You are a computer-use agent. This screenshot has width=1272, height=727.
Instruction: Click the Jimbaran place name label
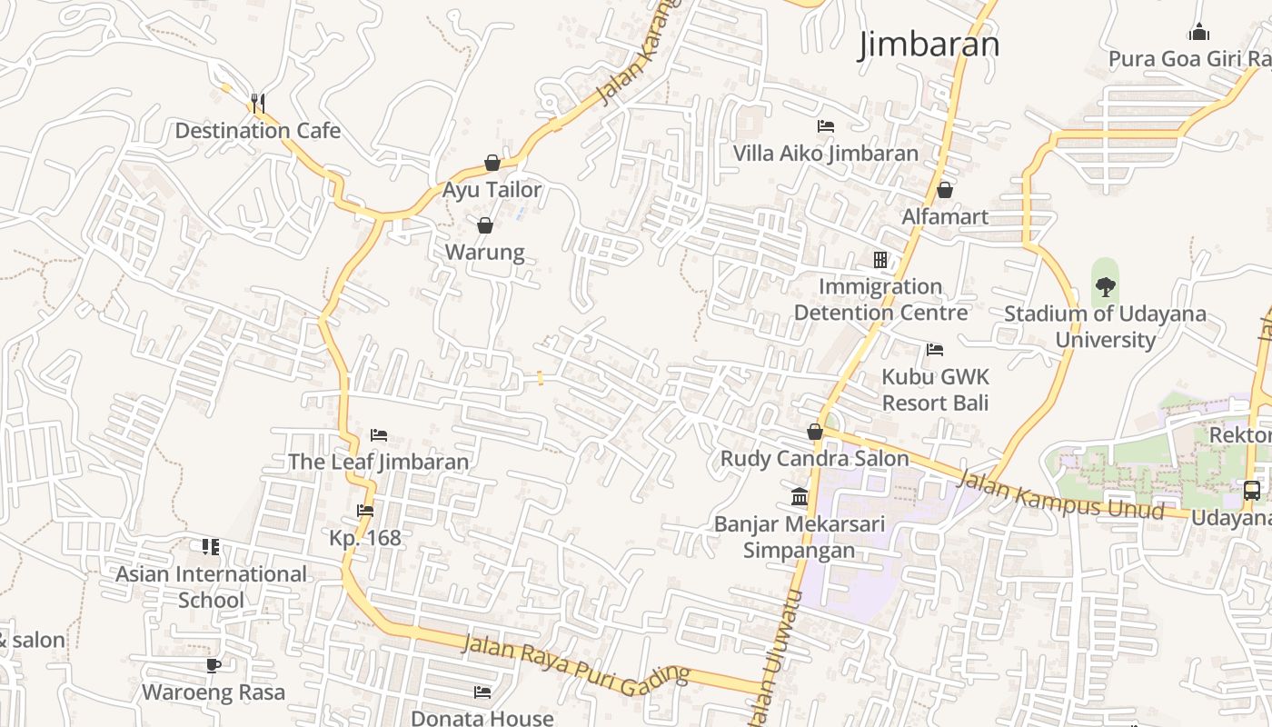pos(929,45)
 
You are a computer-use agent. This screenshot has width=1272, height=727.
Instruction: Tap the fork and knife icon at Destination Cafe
pos(258,103)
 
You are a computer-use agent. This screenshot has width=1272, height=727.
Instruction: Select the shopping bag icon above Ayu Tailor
pos(492,163)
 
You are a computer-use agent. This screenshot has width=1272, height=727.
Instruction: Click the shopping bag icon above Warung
pos(485,225)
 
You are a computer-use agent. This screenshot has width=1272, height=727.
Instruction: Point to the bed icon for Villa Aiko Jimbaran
pos(826,126)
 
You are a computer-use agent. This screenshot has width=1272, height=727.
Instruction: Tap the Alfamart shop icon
pos(945,190)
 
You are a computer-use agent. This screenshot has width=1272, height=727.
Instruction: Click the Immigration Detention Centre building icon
pos(879,260)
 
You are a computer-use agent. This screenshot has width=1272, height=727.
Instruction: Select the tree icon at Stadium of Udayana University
pos(1105,287)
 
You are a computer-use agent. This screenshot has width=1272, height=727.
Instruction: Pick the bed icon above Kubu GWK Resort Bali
pos(935,350)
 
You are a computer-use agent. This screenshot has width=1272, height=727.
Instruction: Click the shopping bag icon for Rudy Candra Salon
pos(815,432)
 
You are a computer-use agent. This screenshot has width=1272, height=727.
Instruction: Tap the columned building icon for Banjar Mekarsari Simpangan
pos(800,496)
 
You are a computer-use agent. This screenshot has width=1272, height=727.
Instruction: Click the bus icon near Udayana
pos(1251,491)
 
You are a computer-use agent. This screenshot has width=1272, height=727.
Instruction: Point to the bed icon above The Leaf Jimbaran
pos(379,435)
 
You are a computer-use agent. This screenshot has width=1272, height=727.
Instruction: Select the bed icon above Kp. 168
pos(365,511)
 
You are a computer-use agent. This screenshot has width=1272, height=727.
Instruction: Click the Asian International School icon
pos(211,547)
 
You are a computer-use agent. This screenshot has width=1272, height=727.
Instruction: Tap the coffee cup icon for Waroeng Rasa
pos(214,665)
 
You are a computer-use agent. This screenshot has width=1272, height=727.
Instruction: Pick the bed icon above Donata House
pos(482,692)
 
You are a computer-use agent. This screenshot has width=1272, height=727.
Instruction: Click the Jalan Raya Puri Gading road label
pos(576,666)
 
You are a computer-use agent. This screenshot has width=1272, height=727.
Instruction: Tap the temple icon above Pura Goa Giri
pos(1199,33)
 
